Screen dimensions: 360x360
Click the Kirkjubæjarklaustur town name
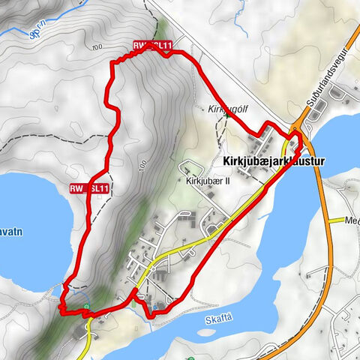[273, 161]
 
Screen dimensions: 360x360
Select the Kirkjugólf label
[226, 109]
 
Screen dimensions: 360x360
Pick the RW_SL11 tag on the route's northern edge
[153, 46]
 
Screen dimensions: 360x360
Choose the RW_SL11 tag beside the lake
[90, 187]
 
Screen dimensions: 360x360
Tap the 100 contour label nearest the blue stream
[95, 48]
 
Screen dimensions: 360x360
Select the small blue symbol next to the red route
[154, 307]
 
